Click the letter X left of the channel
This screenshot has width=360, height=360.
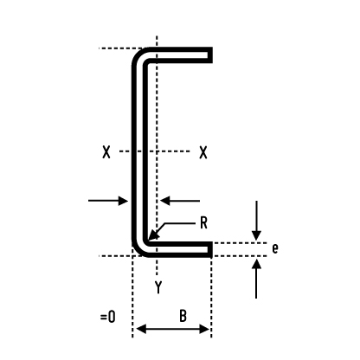[x=106, y=152]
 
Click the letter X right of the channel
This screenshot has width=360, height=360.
[x=203, y=152]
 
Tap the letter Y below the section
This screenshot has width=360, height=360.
[x=158, y=287]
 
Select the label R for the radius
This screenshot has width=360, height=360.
[x=203, y=223]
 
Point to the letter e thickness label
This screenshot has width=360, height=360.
[x=275, y=248]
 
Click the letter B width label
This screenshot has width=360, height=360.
[x=183, y=316]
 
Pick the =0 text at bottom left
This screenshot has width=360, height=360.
[x=108, y=317]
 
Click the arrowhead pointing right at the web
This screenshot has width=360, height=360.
[x=124, y=201]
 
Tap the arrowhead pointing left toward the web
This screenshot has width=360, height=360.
[x=164, y=201]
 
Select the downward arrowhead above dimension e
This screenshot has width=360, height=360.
[x=256, y=235]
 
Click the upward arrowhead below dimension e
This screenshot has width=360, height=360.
[x=256, y=264]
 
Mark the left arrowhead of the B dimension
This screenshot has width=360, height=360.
[x=141, y=329]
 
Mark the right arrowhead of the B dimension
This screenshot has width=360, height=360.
[x=204, y=329]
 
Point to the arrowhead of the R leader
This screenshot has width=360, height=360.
[x=153, y=235]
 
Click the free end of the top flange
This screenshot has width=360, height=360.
[x=210, y=55]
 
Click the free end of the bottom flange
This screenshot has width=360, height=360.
[x=210, y=249]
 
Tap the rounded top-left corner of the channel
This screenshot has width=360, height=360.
[x=138, y=54]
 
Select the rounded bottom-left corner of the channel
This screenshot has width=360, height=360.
[x=138, y=251]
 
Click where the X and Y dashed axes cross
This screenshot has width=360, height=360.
[x=157, y=151]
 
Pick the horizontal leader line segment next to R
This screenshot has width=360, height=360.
[x=180, y=223]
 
